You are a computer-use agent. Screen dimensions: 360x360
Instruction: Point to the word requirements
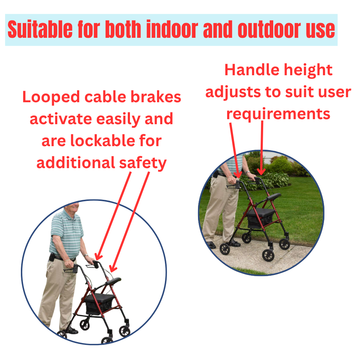coord(278,114)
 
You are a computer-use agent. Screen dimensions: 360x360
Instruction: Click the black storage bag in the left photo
coord(99,304)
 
